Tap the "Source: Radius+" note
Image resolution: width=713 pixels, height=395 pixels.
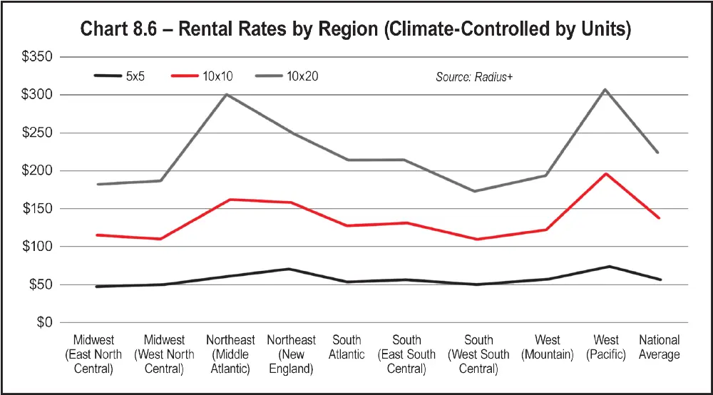[474, 76]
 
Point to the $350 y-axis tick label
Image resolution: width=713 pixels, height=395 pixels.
[38, 57]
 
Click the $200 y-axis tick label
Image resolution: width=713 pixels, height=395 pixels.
[38, 171]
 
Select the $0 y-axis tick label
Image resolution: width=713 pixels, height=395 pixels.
[44, 323]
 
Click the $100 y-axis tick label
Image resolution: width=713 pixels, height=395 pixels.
[38, 247]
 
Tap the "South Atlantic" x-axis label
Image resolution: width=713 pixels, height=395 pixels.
[347, 347]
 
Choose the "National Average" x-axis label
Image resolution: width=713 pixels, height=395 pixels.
[659, 347]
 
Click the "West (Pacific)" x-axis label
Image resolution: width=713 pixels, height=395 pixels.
[606, 347]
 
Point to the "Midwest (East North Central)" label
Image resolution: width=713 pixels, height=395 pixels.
[93, 354]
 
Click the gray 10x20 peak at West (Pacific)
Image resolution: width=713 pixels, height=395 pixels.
[605, 90]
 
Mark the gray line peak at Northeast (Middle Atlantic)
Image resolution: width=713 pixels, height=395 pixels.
[226, 94]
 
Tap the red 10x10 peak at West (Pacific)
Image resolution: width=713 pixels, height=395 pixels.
[605, 173]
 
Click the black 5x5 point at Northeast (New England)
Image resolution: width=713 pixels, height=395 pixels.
[287, 269]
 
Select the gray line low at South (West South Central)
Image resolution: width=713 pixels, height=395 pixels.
[475, 191]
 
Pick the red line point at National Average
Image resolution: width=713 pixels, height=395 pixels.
[658, 217]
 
